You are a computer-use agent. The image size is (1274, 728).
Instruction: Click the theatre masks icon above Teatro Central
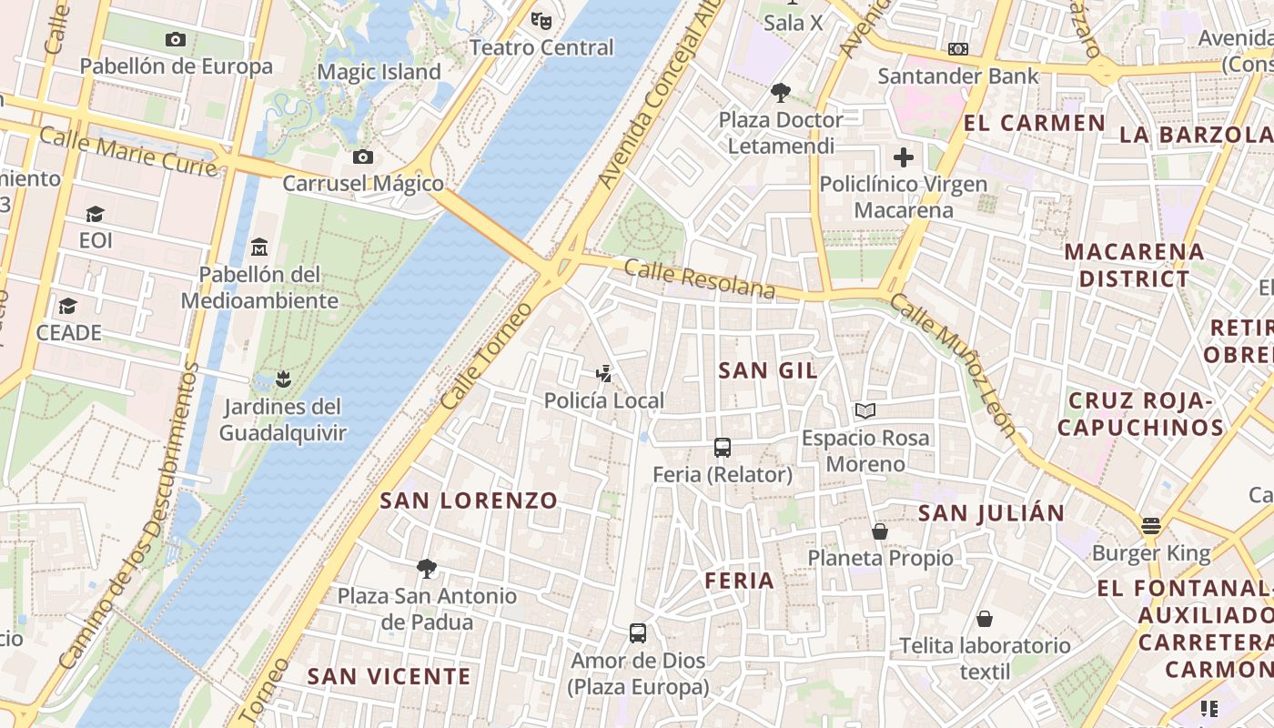pyautogui.click(x=541, y=18)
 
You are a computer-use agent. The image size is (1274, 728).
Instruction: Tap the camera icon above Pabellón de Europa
pyautogui.click(x=176, y=39)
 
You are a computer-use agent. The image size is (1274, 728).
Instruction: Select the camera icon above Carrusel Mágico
pyautogui.click(x=362, y=157)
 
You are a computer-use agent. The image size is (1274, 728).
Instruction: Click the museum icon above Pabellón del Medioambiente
pyautogui.click(x=259, y=247)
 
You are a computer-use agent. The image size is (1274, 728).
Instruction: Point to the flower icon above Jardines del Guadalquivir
pyautogui.click(x=283, y=379)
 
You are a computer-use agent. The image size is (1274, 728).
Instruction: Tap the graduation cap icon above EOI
pyautogui.click(x=95, y=214)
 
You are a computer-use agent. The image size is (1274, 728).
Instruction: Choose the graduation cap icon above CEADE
pyautogui.click(x=68, y=306)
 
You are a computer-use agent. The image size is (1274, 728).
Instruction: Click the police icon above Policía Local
pyautogui.click(x=603, y=373)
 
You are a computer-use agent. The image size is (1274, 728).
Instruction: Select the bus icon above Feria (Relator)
pyautogui.click(x=723, y=448)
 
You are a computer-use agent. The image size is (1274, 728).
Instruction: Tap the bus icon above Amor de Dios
pyautogui.click(x=638, y=632)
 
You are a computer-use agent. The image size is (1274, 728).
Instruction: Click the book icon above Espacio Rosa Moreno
pyautogui.click(x=865, y=411)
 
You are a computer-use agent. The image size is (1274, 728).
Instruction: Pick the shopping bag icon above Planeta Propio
pyautogui.click(x=880, y=531)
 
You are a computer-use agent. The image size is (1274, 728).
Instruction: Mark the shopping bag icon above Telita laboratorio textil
pyautogui.click(x=985, y=620)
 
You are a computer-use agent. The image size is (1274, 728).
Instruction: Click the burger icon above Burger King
pyautogui.click(x=1151, y=526)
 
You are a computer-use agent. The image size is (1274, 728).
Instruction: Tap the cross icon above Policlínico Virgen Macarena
pyautogui.click(x=903, y=157)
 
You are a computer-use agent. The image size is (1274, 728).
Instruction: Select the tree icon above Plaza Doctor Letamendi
pyautogui.click(x=780, y=92)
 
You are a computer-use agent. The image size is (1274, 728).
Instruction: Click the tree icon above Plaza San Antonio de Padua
pyautogui.click(x=426, y=570)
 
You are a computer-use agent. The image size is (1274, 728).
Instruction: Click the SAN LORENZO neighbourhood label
pyautogui.click(x=469, y=500)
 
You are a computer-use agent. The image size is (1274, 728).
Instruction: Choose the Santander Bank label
pyautogui.click(x=957, y=76)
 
